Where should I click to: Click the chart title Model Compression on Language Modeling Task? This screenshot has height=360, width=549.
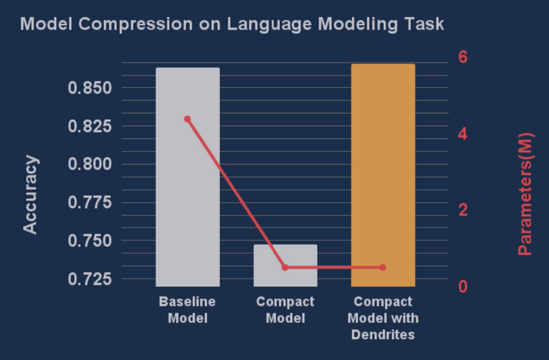[x=232, y=24]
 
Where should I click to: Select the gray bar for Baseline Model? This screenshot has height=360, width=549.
[x=188, y=177]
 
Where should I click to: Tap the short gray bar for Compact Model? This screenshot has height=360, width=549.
[x=285, y=265]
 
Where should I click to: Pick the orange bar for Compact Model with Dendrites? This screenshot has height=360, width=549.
[x=383, y=175]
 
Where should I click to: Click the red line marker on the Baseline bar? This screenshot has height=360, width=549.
[x=188, y=119]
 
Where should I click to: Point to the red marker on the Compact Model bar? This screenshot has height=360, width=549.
[x=285, y=267]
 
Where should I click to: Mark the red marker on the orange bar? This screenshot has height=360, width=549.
[x=383, y=267]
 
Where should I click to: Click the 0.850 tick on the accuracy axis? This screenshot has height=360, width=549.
[x=90, y=88]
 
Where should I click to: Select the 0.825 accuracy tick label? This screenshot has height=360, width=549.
[x=90, y=127]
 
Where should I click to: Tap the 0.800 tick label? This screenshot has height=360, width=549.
[x=90, y=164]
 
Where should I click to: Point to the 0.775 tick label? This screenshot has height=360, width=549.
[x=90, y=203]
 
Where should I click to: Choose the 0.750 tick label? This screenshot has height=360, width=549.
[x=90, y=241]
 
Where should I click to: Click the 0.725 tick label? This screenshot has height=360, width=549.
[x=90, y=279]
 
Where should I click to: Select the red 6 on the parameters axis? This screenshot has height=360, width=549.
[x=463, y=57]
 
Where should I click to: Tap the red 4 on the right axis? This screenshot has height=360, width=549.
[x=463, y=134]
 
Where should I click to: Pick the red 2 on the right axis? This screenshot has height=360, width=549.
[x=463, y=210]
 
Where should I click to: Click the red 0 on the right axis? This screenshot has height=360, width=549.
[x=463, y=287]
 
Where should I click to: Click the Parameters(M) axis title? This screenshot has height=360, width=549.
[x=525, y=194]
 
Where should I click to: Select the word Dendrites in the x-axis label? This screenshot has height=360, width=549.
[x=383, y=335]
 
